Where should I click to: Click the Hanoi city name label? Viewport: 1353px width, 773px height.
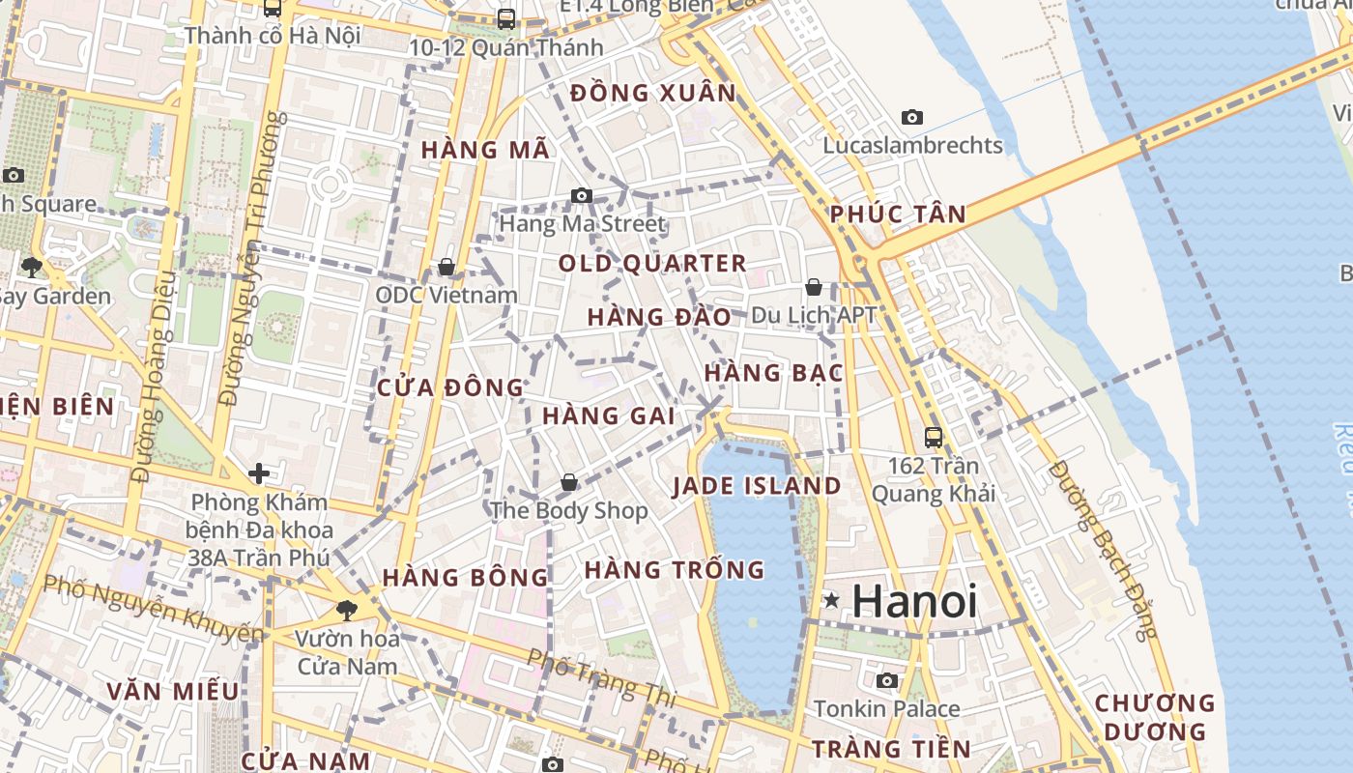click(914, 601)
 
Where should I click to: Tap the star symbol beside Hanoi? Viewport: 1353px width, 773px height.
click(831, 600)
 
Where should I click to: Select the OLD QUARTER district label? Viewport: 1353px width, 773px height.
click(652, 263)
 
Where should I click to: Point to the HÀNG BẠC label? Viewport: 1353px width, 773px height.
click(774, 373)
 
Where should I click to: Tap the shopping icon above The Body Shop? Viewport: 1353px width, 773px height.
click(569, 481)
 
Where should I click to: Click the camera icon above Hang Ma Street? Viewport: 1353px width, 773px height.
click(581, 195)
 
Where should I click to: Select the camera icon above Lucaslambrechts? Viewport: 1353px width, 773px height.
click(911, 118)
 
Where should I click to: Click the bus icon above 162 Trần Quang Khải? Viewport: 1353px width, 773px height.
click(934, 437)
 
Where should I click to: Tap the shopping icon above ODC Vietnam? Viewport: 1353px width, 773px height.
click(446, 266)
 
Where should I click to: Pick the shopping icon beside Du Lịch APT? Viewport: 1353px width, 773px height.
click(814, 287)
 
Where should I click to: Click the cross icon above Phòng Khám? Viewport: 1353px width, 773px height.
click(258, 473)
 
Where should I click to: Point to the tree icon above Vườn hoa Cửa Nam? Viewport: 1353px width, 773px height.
click(346, 610)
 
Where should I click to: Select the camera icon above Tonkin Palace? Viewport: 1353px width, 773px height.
click(887, 680)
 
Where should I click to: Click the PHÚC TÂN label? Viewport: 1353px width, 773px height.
click(898, 215)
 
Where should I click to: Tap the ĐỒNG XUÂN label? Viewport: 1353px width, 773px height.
click(653, 94)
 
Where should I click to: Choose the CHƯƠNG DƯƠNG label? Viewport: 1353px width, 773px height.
click(1153, 717)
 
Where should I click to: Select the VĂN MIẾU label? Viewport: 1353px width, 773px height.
click(173, 691)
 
